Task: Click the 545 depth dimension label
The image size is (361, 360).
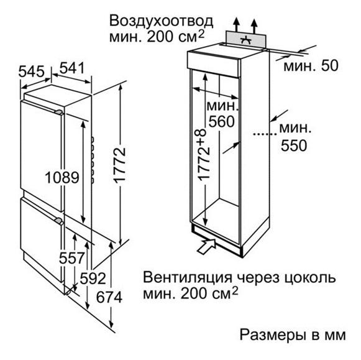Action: click(x=31, y=72)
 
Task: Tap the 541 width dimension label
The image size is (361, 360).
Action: click(x=72, y=68)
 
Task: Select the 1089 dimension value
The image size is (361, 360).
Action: click(x=62, y=178)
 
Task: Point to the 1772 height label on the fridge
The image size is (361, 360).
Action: click(x=120, y=165)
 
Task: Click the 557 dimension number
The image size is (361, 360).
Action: click(x=71, y=258)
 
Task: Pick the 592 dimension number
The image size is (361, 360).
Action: click(x=93, y=279)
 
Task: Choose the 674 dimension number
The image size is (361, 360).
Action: click(x=109, y=297)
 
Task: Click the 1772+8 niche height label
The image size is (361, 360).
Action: click(x=204, y=154)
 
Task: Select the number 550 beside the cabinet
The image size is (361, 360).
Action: click(x=294, y=145)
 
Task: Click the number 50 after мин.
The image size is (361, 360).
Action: click(x=330, y=65)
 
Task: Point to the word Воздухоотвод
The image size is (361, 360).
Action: click(x=161, y=21)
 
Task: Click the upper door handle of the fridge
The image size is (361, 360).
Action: click(x=58, y=112)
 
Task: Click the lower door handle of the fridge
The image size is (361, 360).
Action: click(x=58, y=221)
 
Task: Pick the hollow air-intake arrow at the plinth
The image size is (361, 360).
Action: click(x=206, y=246)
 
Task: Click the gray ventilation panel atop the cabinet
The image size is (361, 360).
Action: click(x=246, y=40)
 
